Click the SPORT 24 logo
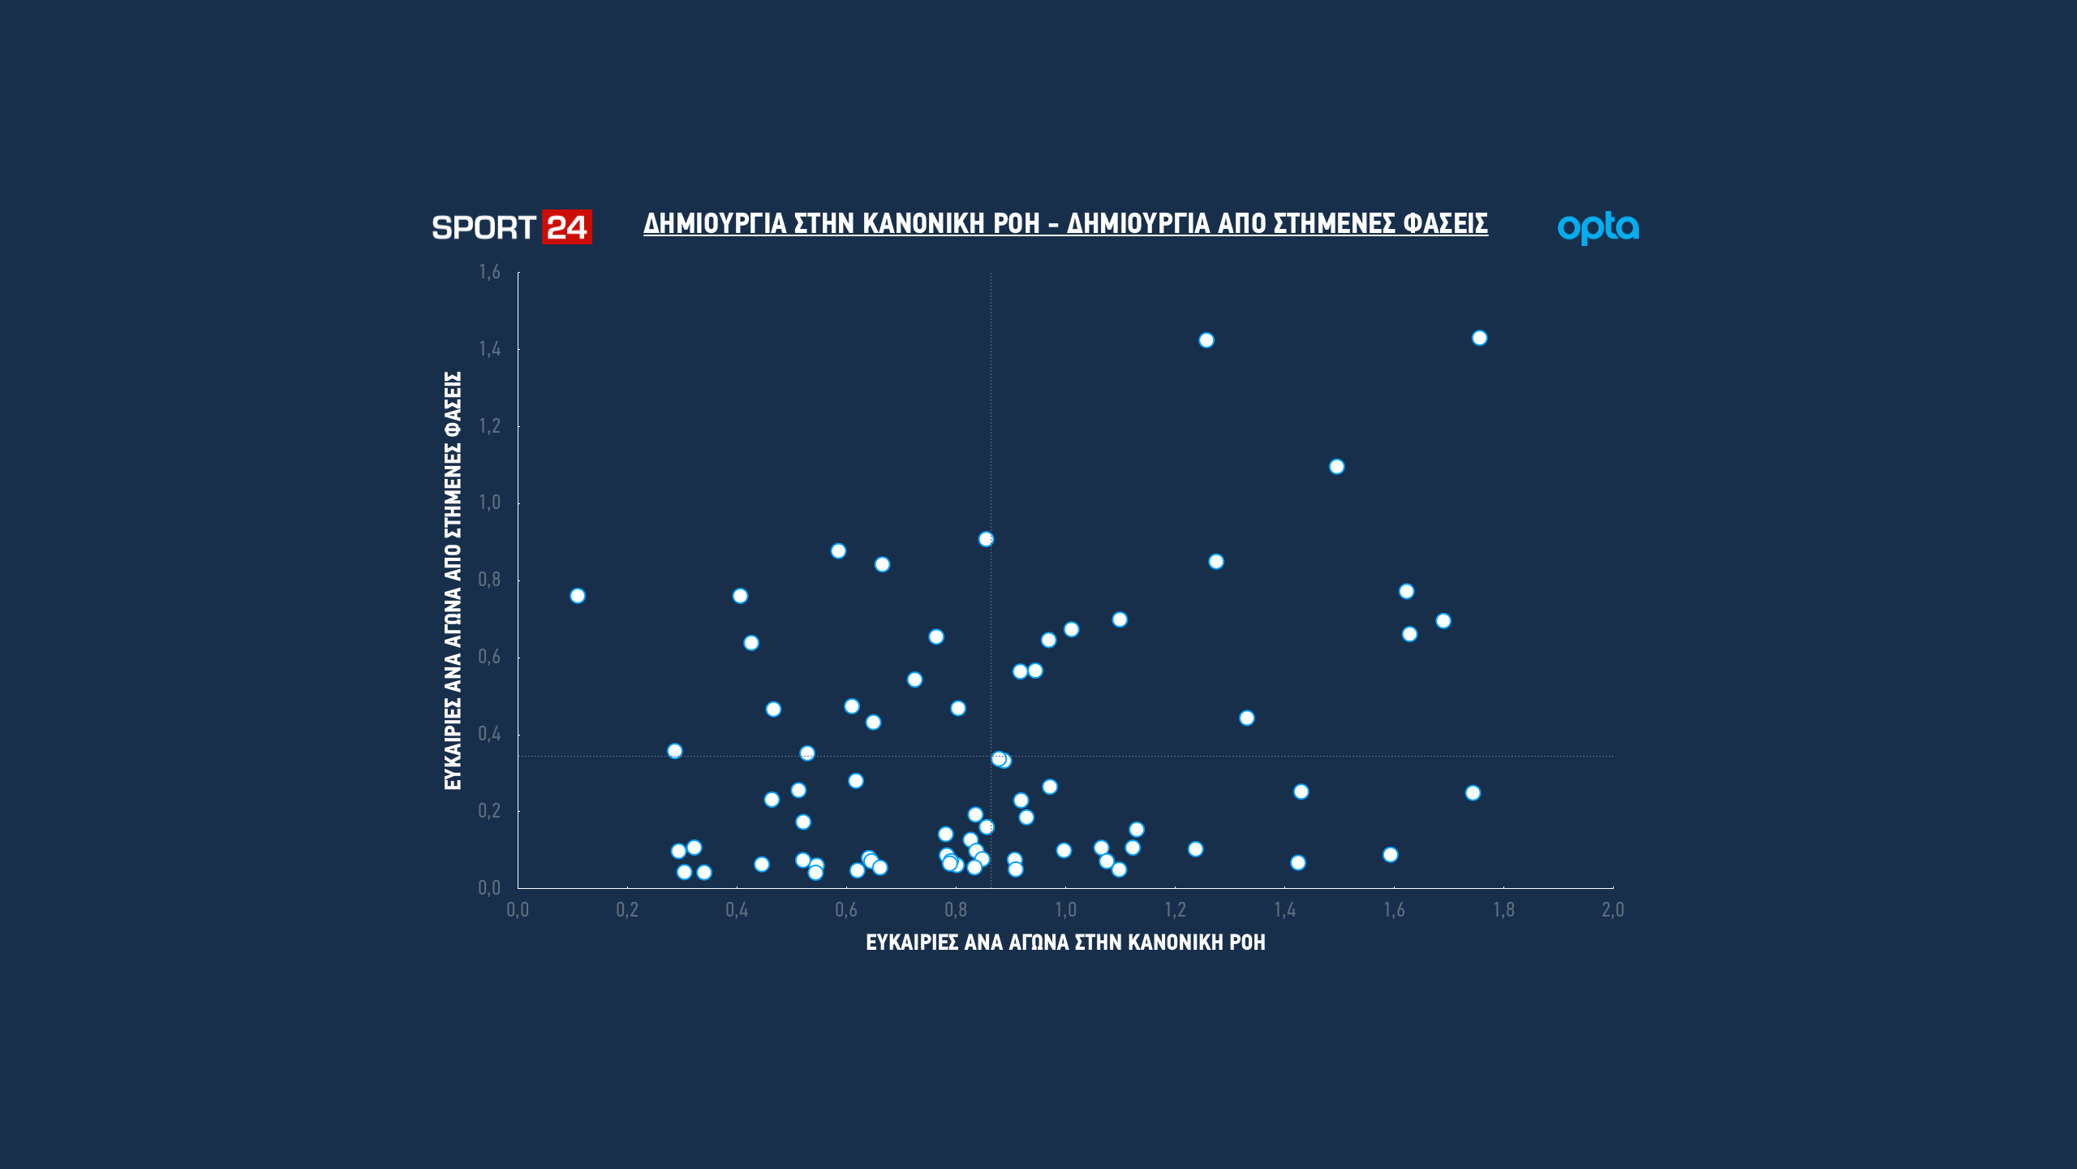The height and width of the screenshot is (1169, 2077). (x=511, y=227)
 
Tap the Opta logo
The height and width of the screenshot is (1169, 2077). (x=1598, y=228)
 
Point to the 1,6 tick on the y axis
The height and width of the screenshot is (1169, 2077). (x=489, y=272)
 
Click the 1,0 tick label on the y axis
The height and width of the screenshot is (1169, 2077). (x=489, y=503)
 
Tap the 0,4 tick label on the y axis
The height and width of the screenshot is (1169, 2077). (x=489, y=734)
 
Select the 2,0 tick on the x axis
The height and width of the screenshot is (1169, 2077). (x=1612, y=910)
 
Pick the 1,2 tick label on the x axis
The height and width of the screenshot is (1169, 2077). (x=1175, y=910)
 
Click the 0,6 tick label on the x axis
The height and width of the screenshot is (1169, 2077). (x=846, y=910)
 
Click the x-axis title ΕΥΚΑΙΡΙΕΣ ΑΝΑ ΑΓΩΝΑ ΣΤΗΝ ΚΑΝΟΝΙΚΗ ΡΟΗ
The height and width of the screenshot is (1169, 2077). (x=1065, y=943)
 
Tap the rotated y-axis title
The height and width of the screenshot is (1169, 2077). (x=453, y=580)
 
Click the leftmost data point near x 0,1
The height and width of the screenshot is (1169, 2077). (x=578, y=596)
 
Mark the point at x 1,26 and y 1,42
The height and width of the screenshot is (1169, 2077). (x=1206, y=340)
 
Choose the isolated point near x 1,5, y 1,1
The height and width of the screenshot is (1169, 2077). (x=1337, y=467)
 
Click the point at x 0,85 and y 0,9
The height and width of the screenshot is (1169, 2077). (x=986, y=539)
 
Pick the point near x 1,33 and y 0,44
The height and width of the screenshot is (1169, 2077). (x=1247, y=718)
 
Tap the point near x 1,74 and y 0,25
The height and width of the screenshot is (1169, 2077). (x=1473, y=793)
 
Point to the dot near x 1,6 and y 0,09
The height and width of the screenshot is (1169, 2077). (x=1391, y=855)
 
